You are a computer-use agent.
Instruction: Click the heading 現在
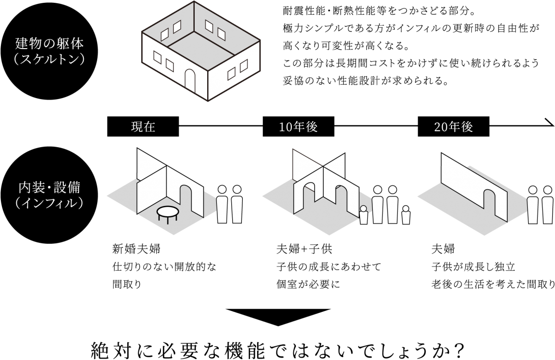[x=143, y=127]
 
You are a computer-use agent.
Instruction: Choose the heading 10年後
[x=298, y=127]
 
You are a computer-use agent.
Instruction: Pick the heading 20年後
[x=454, y=127]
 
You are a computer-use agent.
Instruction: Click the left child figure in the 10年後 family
[x=364, y=215]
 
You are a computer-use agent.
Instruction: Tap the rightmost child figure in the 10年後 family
[x=406, y=216]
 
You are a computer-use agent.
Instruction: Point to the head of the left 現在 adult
[x=222, y=190]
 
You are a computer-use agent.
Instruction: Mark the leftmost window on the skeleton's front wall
[x=158, y=58]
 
